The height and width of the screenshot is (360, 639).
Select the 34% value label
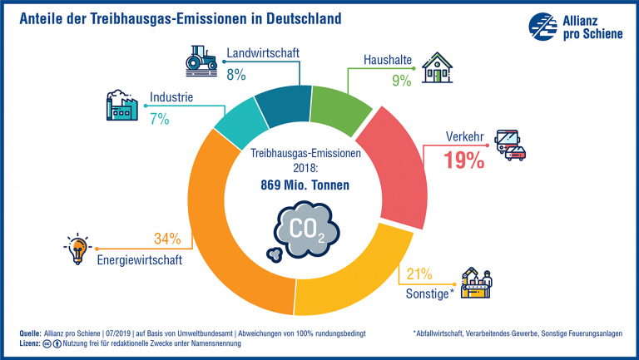coord(166,239)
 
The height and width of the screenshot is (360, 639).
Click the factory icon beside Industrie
coord(121,106)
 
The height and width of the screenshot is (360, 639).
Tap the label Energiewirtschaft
coord(141,259)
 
